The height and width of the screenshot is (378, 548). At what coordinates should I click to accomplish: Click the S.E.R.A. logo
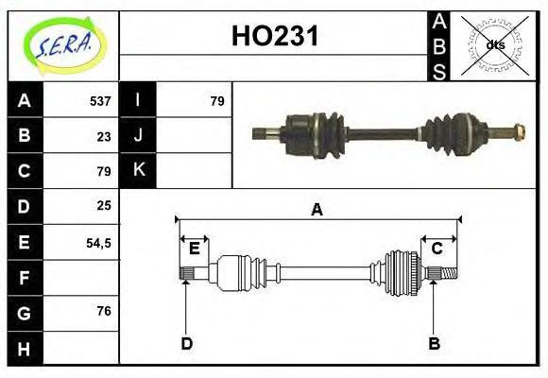(62, 43)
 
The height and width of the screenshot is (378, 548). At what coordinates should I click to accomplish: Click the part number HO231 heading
(275, 37)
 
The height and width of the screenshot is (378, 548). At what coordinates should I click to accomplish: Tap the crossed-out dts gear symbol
(494, 44)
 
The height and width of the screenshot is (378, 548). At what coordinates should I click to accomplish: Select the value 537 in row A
(100, 101)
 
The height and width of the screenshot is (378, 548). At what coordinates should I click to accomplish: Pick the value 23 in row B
(104, 136)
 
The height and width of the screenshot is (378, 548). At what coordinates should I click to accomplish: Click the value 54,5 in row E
(98, 243)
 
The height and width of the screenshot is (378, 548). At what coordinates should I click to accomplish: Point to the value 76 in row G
(104, 310)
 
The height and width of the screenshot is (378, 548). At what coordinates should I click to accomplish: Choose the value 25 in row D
(104, 205)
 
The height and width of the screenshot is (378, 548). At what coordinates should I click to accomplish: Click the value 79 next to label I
(216, 101)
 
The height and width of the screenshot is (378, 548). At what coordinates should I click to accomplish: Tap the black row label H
(24, 349)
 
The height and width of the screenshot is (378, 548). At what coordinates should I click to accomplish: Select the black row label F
(24, 278)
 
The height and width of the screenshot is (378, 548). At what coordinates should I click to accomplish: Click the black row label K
(139, 170)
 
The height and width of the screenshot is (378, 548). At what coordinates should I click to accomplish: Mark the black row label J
(139, 135)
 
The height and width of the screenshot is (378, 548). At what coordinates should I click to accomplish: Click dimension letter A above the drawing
(317, 210)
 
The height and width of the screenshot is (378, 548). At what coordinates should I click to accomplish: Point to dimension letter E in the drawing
(194, 249)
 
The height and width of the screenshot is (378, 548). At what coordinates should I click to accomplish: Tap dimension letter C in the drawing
(437, 249)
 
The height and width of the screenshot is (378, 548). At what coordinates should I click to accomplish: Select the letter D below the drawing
(187, 344)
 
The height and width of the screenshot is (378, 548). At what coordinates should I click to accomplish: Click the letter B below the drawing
(434, 344)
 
